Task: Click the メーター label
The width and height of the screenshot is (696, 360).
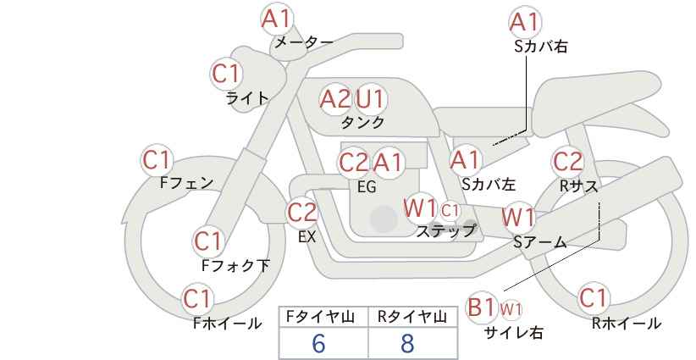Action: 303,42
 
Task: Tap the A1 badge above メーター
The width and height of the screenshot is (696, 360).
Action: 276,18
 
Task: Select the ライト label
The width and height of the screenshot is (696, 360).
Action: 247,97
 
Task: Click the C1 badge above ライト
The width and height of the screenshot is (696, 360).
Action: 226,74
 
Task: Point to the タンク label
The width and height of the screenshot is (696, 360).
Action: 362,122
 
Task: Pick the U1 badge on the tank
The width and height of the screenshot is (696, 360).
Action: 370,99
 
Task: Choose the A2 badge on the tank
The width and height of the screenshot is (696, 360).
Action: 334,99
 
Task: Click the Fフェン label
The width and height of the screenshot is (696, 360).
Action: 186,182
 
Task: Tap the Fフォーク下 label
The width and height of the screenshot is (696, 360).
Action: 235,265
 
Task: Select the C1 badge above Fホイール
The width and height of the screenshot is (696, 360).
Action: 198,299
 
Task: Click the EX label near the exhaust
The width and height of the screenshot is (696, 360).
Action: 307,236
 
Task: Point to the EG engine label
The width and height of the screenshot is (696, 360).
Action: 367,186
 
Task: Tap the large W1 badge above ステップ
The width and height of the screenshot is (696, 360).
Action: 420,208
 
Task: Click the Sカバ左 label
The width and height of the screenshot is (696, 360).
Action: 489,182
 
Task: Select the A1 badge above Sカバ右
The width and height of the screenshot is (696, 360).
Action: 525,21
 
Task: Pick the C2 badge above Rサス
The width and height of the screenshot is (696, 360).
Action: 567,160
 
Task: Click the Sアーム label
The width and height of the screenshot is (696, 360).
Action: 539,242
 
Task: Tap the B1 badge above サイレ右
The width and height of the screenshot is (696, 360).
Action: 482,307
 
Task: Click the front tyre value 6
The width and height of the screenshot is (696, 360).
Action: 318,343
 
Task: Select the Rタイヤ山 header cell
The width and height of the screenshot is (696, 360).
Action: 412,317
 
